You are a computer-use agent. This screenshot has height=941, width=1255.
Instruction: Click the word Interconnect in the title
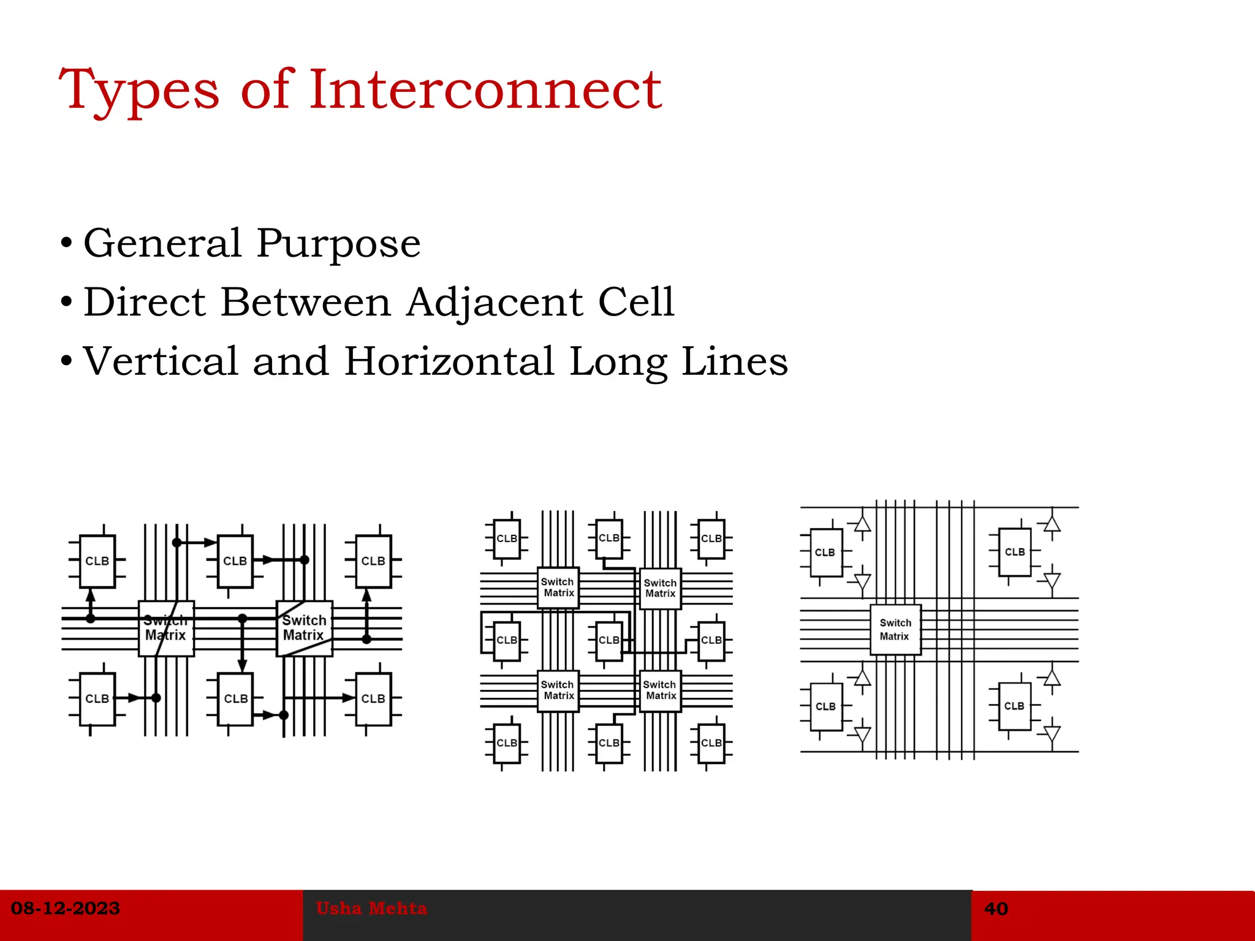pyautogui.click(x=485, y=90)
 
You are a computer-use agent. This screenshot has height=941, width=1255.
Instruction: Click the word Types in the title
pyautogui.click(x=138, y=90)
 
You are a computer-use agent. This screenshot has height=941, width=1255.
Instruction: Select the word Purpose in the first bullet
pyautogui.click(x=338, y=243)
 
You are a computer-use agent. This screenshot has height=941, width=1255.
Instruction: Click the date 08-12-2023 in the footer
pyautogui.click(x=66, y=908)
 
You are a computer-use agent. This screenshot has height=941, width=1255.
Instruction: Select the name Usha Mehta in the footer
pyautogui.click(x=371, y=908)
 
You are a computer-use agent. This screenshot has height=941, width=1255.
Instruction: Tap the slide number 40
pyautogui.click(x=996, y=909)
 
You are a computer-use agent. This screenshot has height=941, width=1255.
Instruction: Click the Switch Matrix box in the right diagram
pyautogui.click(x=895, y=629)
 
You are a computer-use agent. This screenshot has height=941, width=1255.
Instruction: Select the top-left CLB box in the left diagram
pyautogui.click(x=97, y=561)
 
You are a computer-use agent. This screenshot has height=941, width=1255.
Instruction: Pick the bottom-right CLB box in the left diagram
pyautogui.click(x=373, y=699)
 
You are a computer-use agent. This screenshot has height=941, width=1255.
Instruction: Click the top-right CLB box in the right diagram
pyautogui.click(x=1015, y=552)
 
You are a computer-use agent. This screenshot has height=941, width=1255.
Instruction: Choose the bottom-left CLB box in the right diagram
pyautogui.click(x=825, y=706)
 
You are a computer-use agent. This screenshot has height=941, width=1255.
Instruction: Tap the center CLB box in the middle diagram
pyautogui.click(x=609, y=640)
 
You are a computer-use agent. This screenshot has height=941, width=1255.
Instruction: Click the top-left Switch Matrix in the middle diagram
pyautogui.click(x=558, y=588)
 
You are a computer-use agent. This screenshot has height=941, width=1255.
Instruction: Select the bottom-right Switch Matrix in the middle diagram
pyautogui.click(x=660, y=690)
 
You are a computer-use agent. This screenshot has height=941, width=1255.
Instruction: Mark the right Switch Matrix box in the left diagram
pyautogui.click(x=305, y=628)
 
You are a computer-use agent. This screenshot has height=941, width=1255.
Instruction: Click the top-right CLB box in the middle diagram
pyautogui.click(x=711, y=539)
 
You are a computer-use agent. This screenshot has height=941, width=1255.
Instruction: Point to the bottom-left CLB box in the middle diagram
pyautogui.click(x=507, y=743)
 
